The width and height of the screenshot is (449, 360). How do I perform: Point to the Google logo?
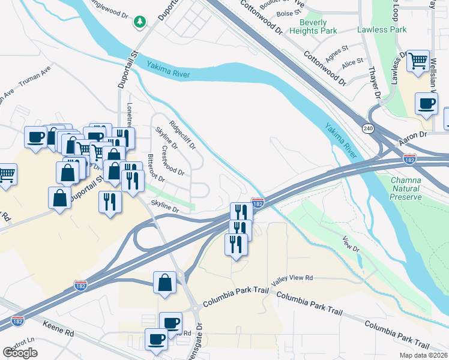[x=20, y=353]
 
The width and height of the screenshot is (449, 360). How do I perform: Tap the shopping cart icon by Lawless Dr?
[x=418, y=61]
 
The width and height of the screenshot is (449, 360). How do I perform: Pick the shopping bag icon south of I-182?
[x=164, y=283]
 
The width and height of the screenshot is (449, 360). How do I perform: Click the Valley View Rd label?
[x=292, y=278]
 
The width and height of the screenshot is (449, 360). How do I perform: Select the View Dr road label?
[x=351, y=244]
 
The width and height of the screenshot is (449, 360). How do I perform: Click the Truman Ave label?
[x=35, y=80]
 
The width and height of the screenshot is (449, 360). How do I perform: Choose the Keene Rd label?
[x=58, y=329]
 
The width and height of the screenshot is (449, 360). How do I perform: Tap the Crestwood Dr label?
[x=173, y=159]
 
